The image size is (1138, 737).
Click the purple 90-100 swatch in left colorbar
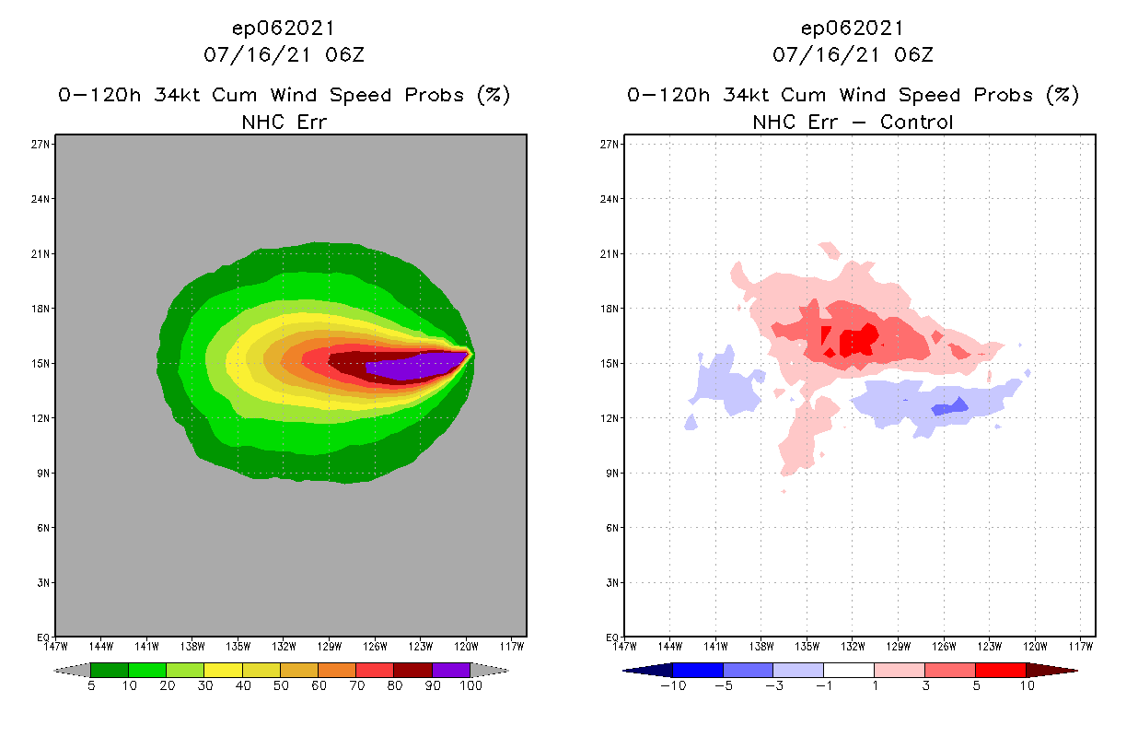[451, 670]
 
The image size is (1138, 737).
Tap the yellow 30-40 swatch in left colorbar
[223, 670]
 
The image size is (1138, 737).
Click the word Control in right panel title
[916, 122]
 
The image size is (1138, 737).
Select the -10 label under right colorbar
[673, 685]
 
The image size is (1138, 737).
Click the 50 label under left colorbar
[280, 685]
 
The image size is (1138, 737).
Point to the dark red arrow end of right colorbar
[1050, 670]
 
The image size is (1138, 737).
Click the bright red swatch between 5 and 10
[1000, 670]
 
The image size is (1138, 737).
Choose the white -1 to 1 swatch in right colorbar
[848, 670]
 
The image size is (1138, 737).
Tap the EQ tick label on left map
[42, 638]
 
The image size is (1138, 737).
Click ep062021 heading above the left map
[284, 29]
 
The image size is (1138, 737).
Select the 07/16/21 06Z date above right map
[853, 54]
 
